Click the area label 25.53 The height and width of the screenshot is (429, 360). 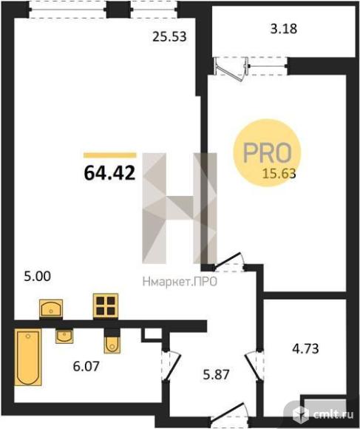[169, 36]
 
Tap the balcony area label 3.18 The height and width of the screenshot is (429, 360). [284, 28]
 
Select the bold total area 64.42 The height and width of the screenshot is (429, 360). [109, 173]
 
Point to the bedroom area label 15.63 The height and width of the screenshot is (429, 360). [279, 174]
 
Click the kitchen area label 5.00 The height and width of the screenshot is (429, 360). [38, 277]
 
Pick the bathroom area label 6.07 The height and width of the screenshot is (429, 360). [86, 366]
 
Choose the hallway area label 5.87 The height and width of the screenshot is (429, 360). [216, 374]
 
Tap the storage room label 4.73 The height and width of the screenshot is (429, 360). [305, 349]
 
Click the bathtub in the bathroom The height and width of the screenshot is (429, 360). [28, 357]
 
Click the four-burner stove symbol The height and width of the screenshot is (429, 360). [106, 306]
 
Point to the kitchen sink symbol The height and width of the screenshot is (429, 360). [51, 308]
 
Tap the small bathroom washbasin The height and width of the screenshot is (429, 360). [64, 337]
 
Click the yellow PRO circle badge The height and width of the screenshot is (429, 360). [267, 152]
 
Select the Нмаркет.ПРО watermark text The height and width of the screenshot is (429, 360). [180, 282]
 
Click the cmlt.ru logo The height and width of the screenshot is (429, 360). [323, 414]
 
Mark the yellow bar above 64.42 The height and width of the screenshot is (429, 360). [110, 155]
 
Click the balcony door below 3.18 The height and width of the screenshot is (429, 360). [232, 68]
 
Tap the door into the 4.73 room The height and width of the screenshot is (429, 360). [255, 366]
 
